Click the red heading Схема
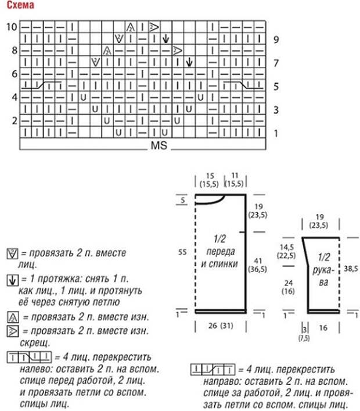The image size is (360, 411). (x=20, y=5)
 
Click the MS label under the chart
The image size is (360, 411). (x=159, y=145)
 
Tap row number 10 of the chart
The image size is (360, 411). (x=12, y=27)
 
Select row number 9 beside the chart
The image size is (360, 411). (x=276, y=40)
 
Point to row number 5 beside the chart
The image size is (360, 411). (x=276, y=87)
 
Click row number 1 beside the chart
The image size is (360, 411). (x=276, y=134)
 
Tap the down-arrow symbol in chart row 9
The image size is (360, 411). (x=165, y=39)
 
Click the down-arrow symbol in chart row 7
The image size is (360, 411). (x=189, y=62)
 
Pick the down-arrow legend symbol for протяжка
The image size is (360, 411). (x=12, y=280)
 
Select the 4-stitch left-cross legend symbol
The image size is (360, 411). (x=29, y=358)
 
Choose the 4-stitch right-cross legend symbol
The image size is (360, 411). (x=213, y=370)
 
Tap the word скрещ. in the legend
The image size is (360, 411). (x=35, y=343)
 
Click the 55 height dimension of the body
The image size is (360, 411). (x=182, y=252)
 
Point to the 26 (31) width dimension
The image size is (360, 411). (x=221, y=326)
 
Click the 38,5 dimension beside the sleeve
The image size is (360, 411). (x=351, y=269)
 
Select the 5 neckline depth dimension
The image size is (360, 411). (x=182, y=201)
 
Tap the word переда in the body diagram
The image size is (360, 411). (x=221, y=252)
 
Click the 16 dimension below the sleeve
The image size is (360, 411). (x=323, y=328)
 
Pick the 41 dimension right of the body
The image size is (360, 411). (x=258, y=261)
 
